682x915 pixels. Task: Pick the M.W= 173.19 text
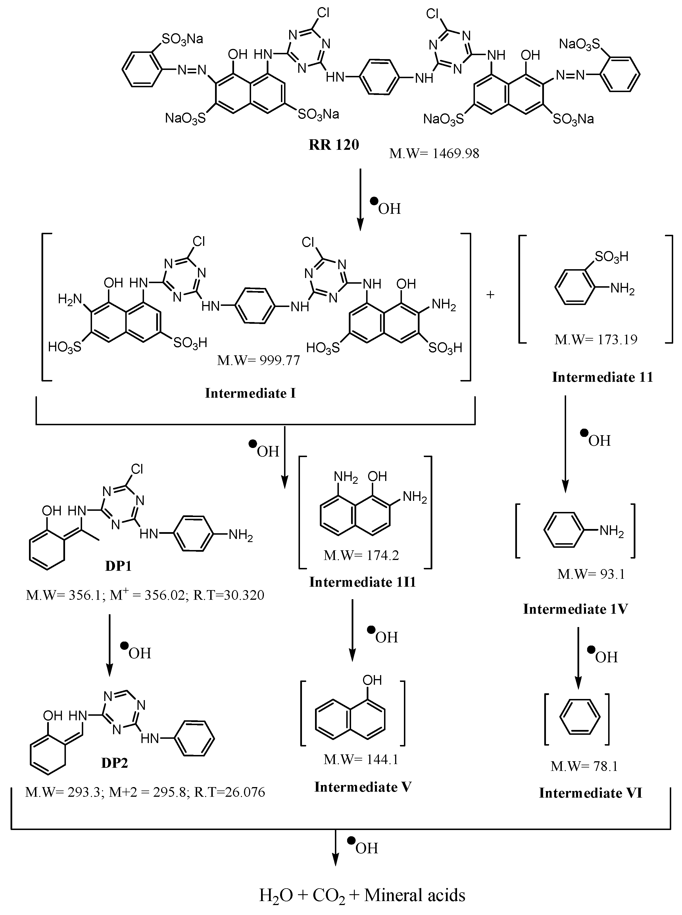pos(596,340)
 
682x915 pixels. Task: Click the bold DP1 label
pos(118,566)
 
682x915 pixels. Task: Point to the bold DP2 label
pos(115,763)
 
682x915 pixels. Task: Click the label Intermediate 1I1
pos(362,582)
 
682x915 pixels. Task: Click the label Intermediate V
pos(363,787)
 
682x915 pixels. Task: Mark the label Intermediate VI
pos(590,793)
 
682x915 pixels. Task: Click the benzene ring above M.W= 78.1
pos(579,719)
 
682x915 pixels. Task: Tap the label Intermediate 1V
pos(575,609)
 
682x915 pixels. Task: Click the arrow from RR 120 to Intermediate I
pos(360,198)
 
